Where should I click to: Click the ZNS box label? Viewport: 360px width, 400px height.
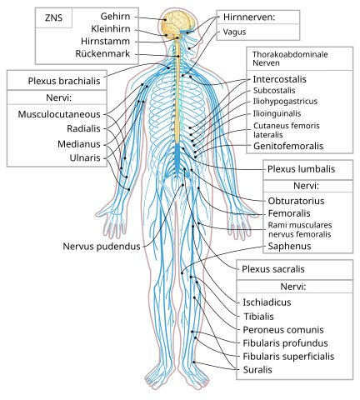(53, 18)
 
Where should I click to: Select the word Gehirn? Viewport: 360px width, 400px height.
(115, 17)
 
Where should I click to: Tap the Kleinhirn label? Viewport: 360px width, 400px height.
(111, 28)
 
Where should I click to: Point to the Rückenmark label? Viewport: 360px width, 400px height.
(102, 53)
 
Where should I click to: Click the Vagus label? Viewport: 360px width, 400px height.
(234, 32)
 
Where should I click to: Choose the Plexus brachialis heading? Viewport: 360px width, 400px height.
(64, 81)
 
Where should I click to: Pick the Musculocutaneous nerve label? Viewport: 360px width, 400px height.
(59, 114)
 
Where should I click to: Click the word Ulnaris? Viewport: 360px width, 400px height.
(85, 157)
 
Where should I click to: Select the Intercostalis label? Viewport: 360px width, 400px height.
(279, 79)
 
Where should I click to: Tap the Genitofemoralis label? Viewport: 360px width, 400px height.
(288, 146)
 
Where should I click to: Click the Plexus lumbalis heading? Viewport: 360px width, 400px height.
(301, 169)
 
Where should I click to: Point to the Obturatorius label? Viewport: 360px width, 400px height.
(296, 201)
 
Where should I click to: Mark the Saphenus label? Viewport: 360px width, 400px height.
(289, 246)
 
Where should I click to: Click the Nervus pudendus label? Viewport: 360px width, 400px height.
(102, 247)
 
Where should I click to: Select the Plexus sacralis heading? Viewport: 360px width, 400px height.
(273, 269)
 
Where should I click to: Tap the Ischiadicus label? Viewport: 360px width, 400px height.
(267, 302)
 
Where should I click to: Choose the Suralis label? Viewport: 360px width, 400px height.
(257, 370)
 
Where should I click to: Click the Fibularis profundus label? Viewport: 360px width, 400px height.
(285, 343)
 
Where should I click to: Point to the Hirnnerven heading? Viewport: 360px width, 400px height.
(249, 17)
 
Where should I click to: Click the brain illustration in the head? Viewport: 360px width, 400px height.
(177, 23)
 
